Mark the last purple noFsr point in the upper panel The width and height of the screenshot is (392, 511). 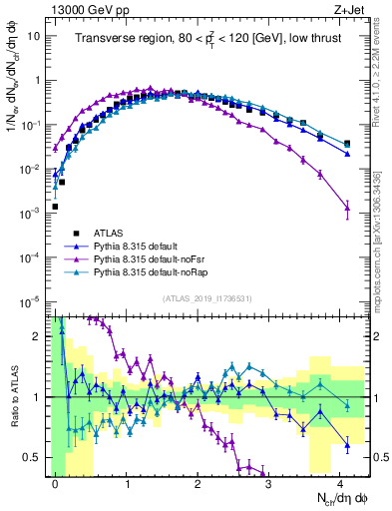pyautogui.click(x=346, y=209)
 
